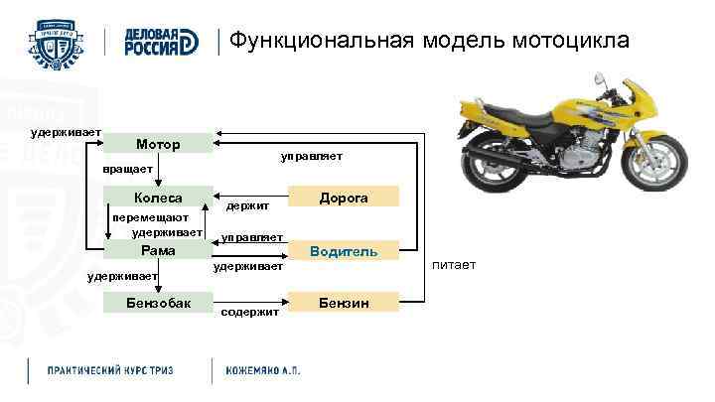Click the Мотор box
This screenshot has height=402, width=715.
pos(158,144)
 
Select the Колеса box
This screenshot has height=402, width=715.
pos(158,198)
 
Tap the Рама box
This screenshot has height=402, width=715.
pos(158,250)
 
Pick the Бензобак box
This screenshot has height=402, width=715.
pos(158,302)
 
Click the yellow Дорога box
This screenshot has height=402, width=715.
pos(344,198)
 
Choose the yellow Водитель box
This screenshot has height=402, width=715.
pos(344,251)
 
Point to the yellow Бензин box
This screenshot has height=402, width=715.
pos(344,302)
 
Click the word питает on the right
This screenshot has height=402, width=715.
pos(455,265)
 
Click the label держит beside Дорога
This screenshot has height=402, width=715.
pos(248,205)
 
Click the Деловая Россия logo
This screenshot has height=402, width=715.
pos(162,41)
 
